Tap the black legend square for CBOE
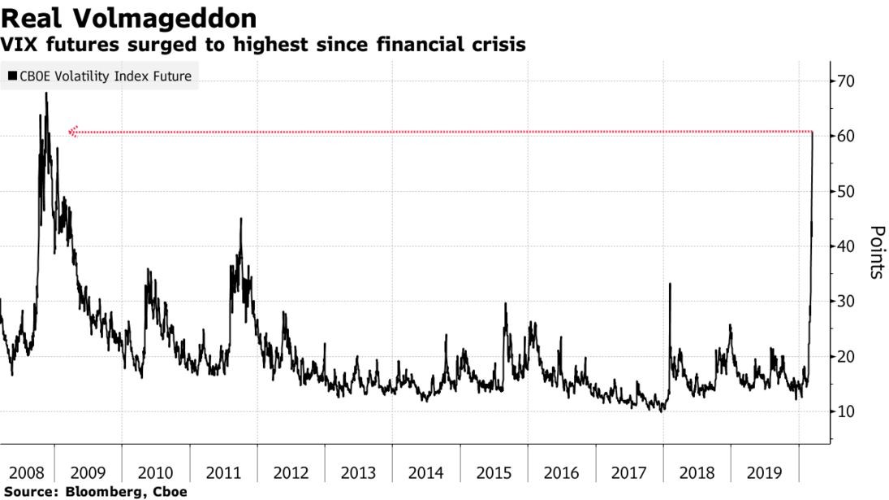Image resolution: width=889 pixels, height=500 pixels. click(x=11, y=76)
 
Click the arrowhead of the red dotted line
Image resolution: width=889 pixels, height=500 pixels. click(x=72, y=131)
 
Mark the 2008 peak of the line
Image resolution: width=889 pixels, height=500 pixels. click(x=46, y=93)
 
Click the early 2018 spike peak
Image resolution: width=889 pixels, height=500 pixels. click(x=670, y=284)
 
